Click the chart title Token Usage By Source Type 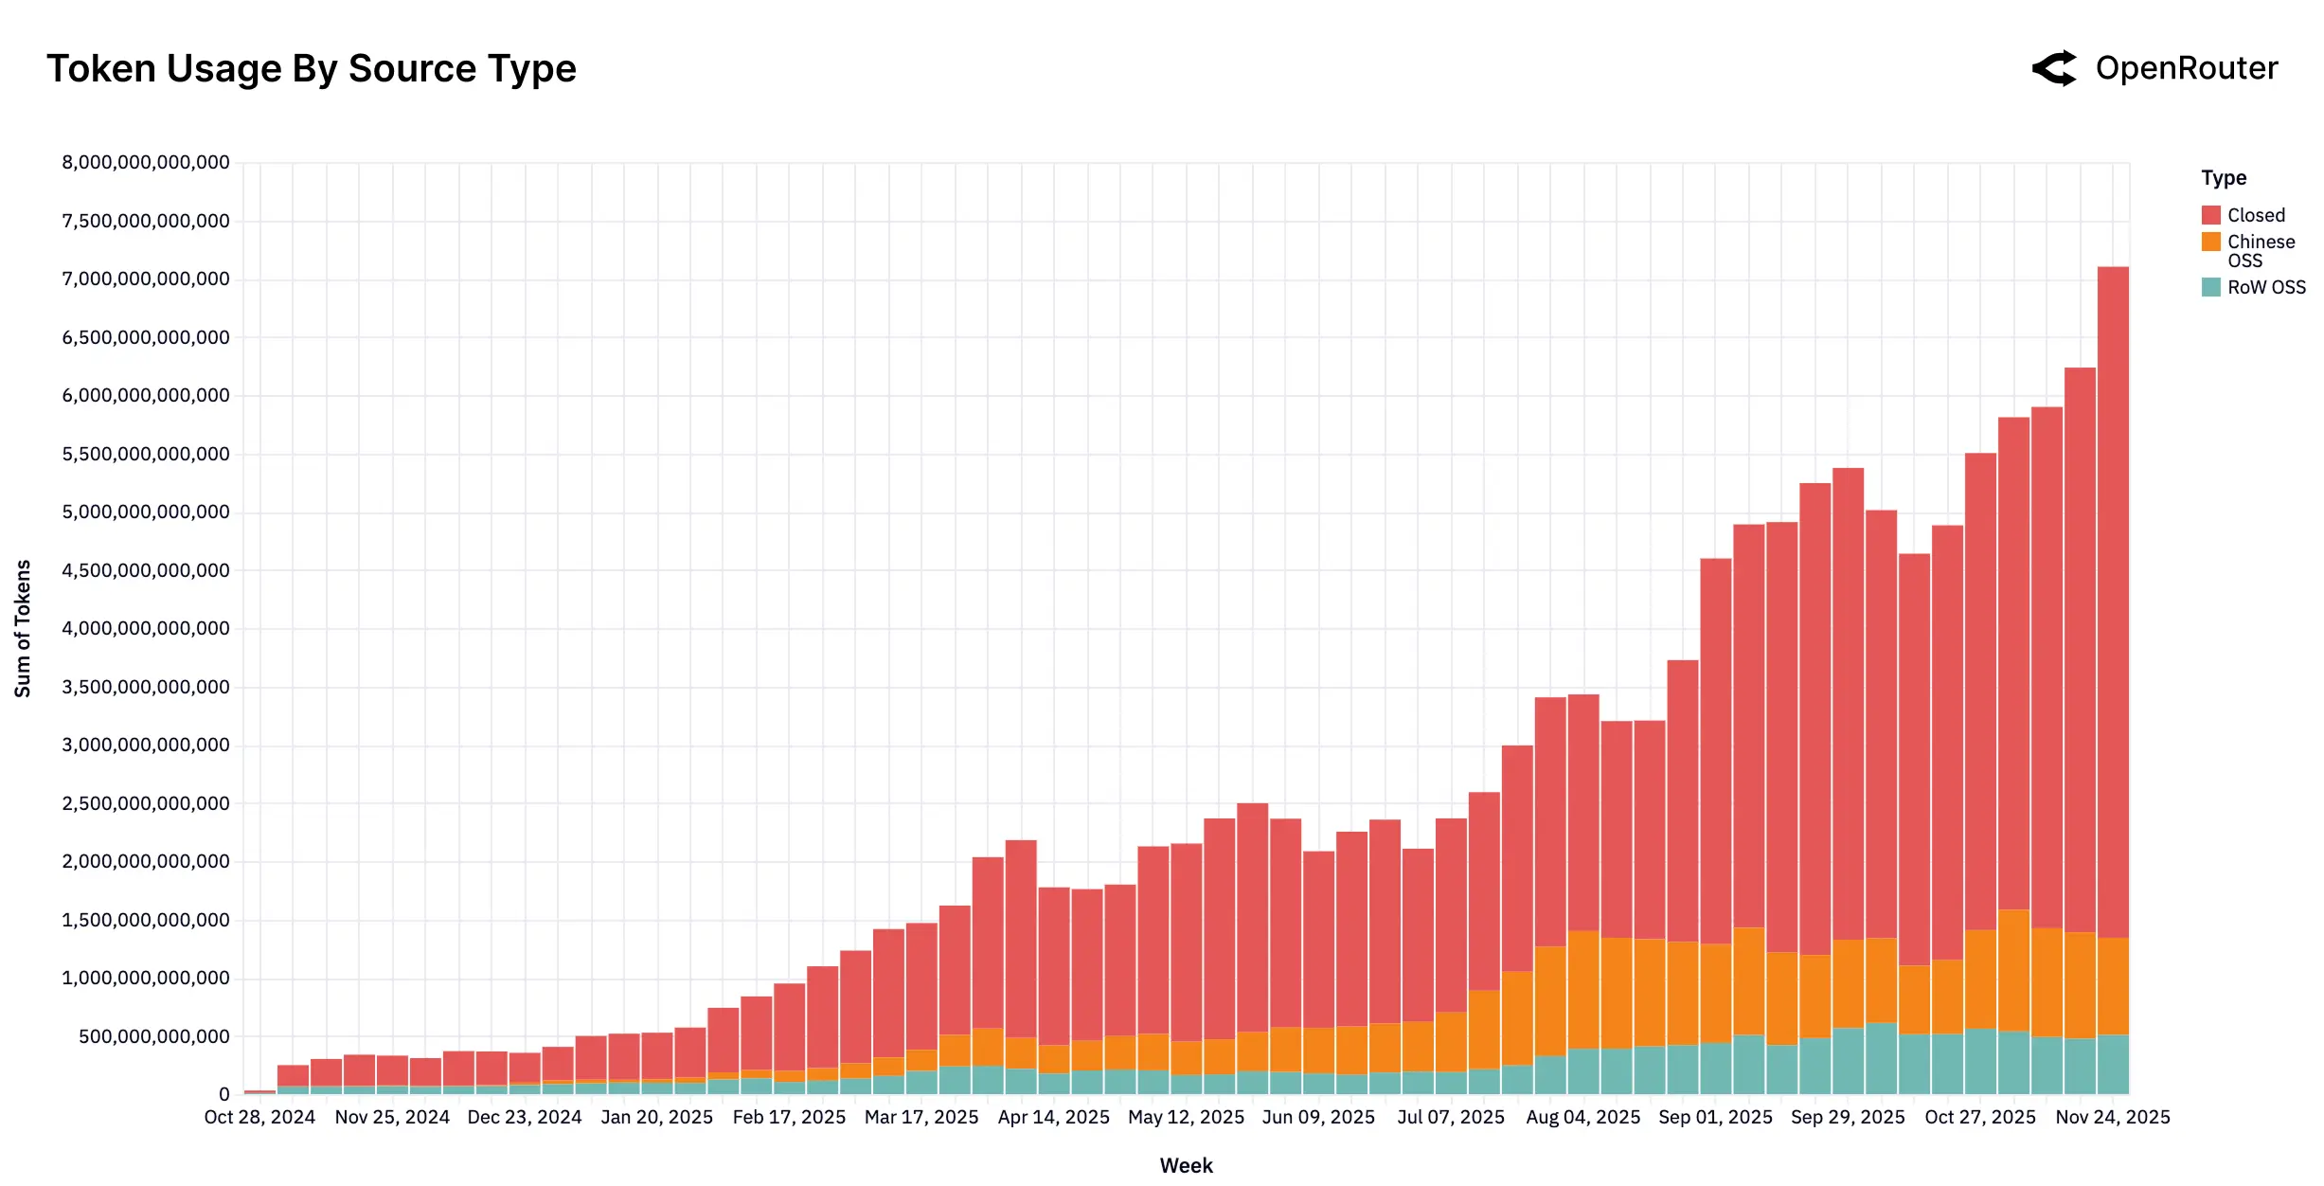[312, 69]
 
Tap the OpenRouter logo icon [2054, 69]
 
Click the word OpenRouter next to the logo [2186, 69]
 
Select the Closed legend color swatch [2210, 215]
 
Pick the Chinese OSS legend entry [2260, 251]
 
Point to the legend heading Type [2223, 178]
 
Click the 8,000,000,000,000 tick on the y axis [146, 163]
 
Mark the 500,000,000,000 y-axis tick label [154, 1036]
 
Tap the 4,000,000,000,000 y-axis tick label [146, 629]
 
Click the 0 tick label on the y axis [223, 1095]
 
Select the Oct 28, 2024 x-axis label [259, 1118]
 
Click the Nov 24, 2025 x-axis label [2112, 1118]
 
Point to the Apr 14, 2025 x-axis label [1053, 1118]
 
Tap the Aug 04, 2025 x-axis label [1582, 1118]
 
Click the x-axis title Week [1186, 1165]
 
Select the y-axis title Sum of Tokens [23, 629]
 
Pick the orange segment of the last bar [2113, 985]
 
